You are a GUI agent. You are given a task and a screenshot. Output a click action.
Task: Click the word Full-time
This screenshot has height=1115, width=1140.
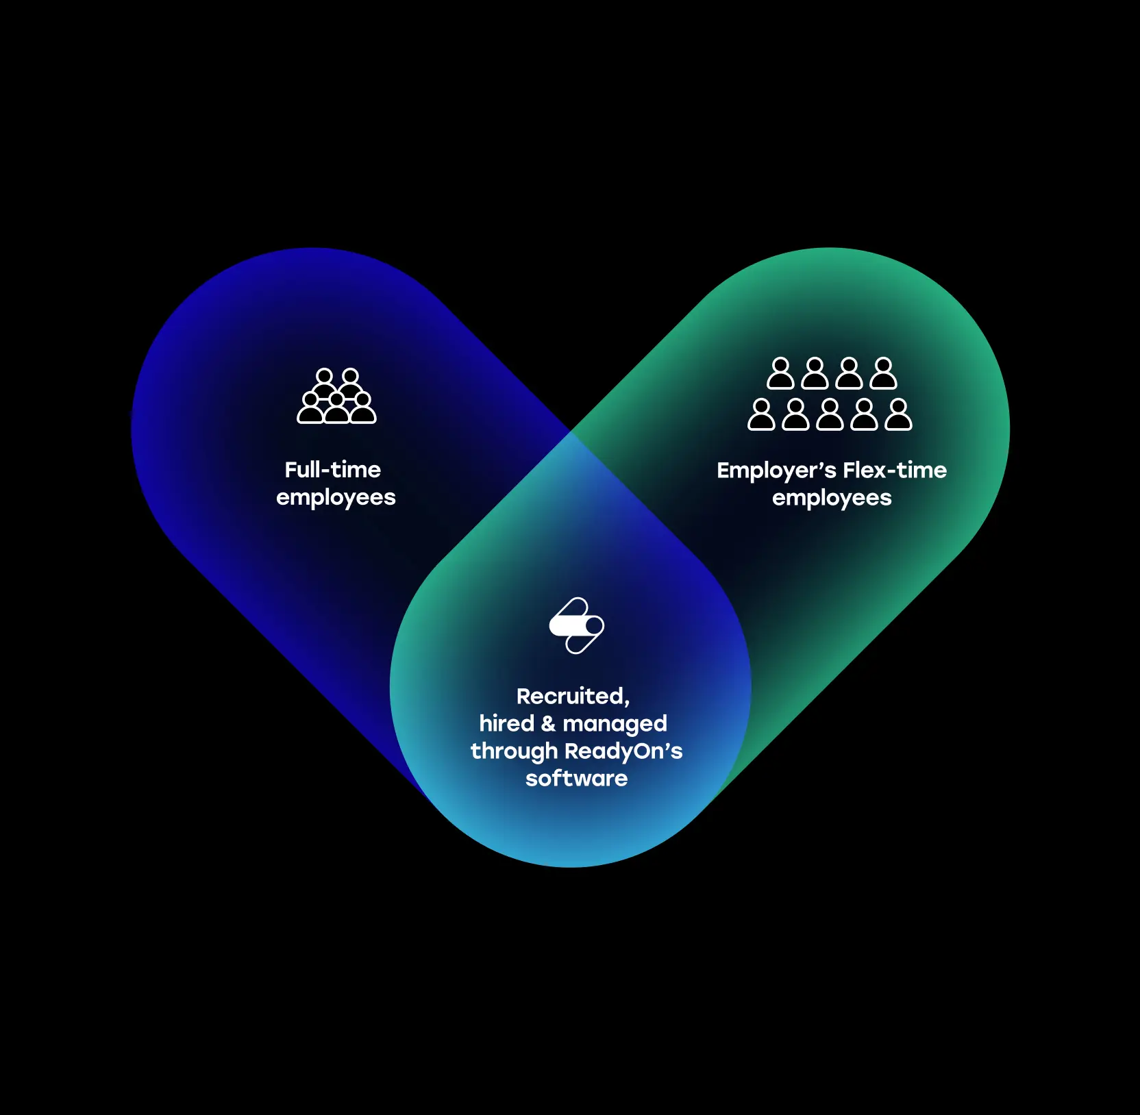click(332, 470)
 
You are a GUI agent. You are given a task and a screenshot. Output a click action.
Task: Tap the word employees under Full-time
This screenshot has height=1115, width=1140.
click(336, 497)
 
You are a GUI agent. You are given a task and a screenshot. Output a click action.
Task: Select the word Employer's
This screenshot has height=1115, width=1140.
click(776, 471)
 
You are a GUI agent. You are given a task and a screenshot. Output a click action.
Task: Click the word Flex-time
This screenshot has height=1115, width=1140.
click(895, 471)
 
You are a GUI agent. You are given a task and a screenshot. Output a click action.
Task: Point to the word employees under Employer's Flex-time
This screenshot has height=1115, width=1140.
click(832, 498)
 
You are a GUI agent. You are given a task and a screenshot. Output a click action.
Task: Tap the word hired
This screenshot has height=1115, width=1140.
click(506, 723)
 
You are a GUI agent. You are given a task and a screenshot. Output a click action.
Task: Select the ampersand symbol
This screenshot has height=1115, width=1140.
click(549, 723)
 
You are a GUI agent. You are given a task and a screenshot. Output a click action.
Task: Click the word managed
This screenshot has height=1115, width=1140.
click(615, 725)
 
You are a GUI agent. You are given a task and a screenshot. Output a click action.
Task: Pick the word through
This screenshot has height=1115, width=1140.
click(514, 751)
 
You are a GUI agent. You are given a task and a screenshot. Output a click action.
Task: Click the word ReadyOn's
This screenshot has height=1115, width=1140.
click(623, 751)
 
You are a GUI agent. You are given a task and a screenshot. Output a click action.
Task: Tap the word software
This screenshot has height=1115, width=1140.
click(576, 779)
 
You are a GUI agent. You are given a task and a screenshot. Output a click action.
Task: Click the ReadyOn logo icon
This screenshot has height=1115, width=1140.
click(576, 625)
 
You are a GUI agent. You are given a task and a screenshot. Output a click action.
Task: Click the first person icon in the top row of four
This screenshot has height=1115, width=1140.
click(780, 373)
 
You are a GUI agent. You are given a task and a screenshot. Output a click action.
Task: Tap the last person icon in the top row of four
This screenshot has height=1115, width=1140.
click(883, 373)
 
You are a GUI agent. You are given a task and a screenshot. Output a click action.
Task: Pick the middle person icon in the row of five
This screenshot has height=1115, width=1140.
click(830, 414)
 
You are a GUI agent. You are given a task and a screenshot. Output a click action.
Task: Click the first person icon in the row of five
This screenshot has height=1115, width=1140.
click(761, 414)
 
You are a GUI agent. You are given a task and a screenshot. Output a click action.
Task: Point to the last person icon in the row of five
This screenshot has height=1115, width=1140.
click(898, 414)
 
